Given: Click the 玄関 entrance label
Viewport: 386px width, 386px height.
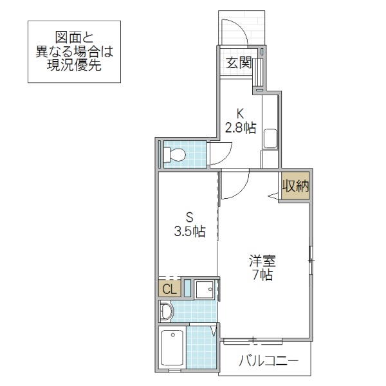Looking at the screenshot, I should (239, 62).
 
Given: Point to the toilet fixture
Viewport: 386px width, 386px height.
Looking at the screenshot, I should (174, 155).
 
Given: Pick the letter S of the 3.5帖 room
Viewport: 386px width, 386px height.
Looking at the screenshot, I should (189, 217).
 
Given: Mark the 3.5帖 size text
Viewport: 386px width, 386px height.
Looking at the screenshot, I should (189, 232).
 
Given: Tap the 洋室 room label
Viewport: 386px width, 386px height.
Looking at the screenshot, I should (263, 261).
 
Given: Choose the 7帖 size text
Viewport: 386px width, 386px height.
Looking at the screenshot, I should (263, 276).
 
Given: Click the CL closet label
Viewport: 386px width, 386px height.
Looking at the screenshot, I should (169, 289).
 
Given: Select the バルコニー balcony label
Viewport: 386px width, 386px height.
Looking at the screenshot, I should (268, 362).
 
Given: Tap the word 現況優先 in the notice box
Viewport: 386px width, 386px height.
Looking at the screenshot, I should (75, 66).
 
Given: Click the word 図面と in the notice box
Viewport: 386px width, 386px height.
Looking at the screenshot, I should (75, 37).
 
